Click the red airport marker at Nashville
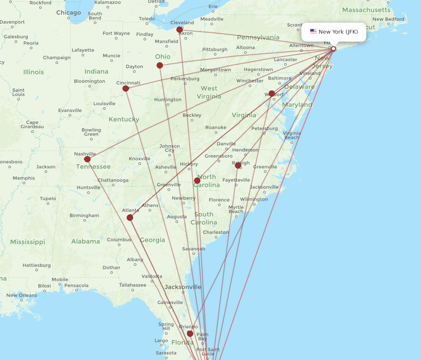click(87, 159)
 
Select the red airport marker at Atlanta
click(130, 217)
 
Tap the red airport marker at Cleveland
click(180, 29)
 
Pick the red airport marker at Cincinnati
click(125, 88)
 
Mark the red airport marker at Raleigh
click(238, 165)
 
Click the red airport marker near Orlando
click(190, 334)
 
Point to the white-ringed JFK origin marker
click(333, 49)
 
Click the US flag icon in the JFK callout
click(313, 32)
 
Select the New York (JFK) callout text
click(338, 32)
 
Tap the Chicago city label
click(69, 13)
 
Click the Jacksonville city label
click(183, 287)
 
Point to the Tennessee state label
click(93, 167)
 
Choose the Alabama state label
click(85, 241)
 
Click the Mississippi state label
click(27, 242)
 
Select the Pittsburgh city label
click(215, 49)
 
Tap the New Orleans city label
click(21, 295)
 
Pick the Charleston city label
click(216, 232)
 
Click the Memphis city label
click(24, 178)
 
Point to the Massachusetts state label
click(366, 10)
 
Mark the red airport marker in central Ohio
click(160, 65)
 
